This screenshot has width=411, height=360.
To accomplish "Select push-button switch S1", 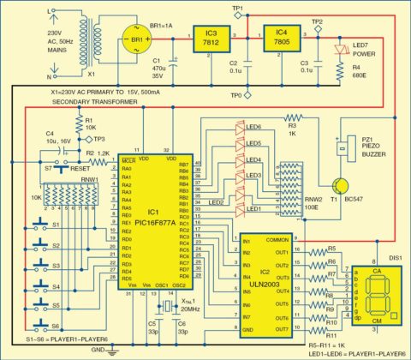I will click(x=38, y=228).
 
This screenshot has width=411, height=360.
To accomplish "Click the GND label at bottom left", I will click(x=98, y=351).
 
